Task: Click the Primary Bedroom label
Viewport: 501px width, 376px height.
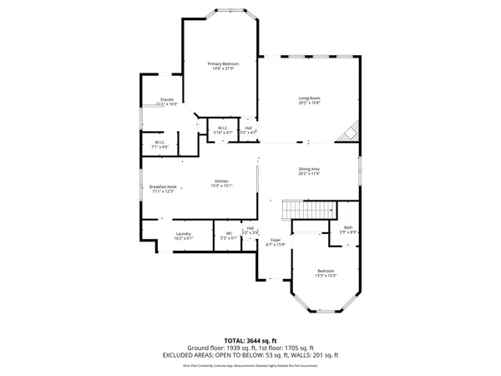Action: [x=223, y=64]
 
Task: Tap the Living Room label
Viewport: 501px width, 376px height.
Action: [x=310, y=99]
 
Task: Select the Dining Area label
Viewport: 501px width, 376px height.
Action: [x=309, y=170]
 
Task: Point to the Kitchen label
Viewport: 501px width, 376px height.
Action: [x=221, y=181]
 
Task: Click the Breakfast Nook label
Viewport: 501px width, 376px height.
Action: [x=162, y=187]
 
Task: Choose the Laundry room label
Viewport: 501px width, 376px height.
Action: [x=184, y=233]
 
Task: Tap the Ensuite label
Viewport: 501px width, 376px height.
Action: [x=167, y=99]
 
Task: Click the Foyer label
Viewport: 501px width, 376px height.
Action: [x=275, y=241]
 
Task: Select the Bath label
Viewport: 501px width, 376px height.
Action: [x=348, y=227]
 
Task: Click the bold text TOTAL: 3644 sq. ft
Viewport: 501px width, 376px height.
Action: [x=250, y=340]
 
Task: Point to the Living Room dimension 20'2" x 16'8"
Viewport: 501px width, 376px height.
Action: [x=310, y=104]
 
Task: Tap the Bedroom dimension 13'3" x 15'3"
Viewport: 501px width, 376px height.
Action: [x=326, y=275]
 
